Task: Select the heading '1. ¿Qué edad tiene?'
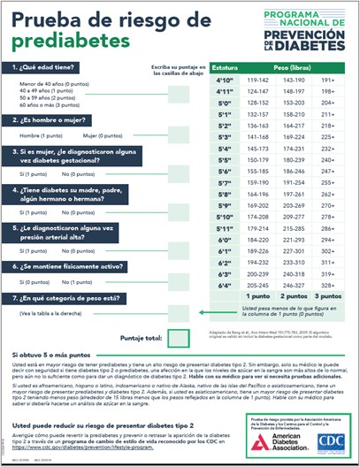click(x=44, y=67)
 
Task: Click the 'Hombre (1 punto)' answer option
click(x=40, y=135)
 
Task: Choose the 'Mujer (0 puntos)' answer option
click(x=103, y=135)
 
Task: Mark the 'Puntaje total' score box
click(x=178, y=337)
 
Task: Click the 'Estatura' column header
click(x=226, y=67)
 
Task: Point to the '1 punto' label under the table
click(x=258, y=297)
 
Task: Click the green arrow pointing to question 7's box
click(x=205, y=310)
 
